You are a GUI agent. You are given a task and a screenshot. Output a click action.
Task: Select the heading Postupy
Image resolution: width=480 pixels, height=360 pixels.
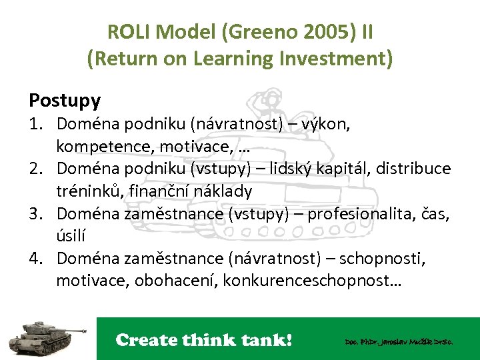pyautogui.click(x=65, y=101)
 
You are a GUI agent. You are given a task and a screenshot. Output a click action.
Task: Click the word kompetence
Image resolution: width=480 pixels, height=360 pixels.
pyautogui.click(x=99, y=146)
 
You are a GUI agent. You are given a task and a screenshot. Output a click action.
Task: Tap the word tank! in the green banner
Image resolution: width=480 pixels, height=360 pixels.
pyautogui.click(x=265, y=340)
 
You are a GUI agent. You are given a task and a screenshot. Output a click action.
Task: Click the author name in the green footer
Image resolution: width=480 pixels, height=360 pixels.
pyautogui.click(x=399, y=341)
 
